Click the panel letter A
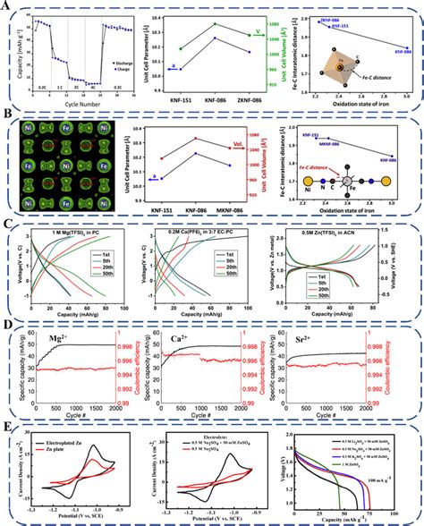[x=6, y=6]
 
